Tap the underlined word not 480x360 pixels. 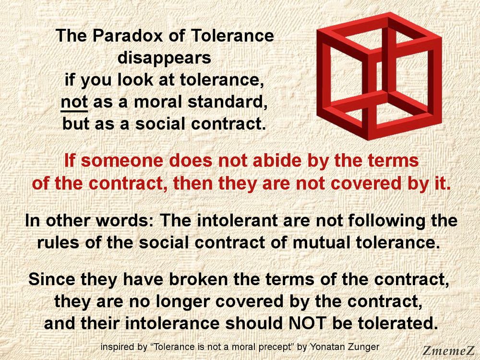72,102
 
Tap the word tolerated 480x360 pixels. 398,323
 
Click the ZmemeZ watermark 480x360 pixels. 448,350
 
